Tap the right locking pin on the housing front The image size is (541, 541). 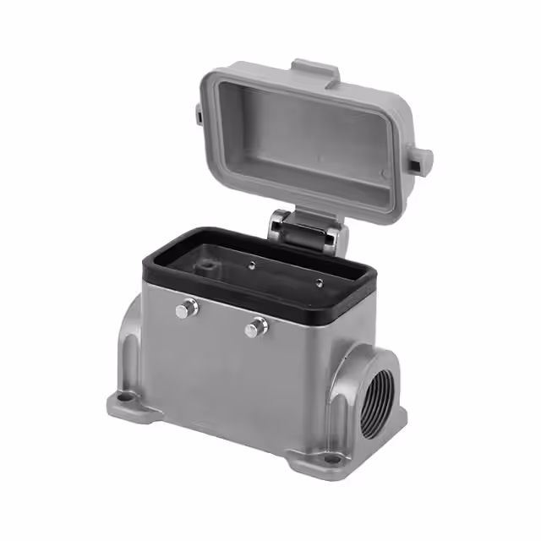256,327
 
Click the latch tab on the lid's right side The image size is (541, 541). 420,157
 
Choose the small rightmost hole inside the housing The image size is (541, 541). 319,282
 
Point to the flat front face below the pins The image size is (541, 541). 228,380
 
